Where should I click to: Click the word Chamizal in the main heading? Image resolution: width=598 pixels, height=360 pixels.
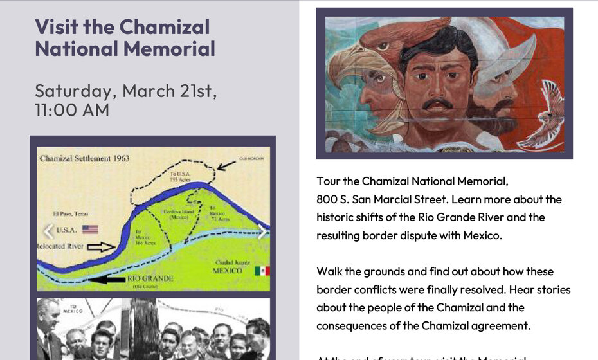tap(165, 27)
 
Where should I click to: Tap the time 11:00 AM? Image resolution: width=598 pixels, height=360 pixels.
tap(72, 110)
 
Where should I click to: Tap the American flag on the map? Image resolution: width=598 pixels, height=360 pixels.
tap(90, 229)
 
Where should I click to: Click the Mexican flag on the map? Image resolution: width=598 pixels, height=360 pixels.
tap(261, 271)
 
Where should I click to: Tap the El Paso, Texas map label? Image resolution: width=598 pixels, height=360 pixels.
tap(71, 213)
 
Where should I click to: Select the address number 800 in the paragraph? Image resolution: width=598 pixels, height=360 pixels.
tap(326, 199)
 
